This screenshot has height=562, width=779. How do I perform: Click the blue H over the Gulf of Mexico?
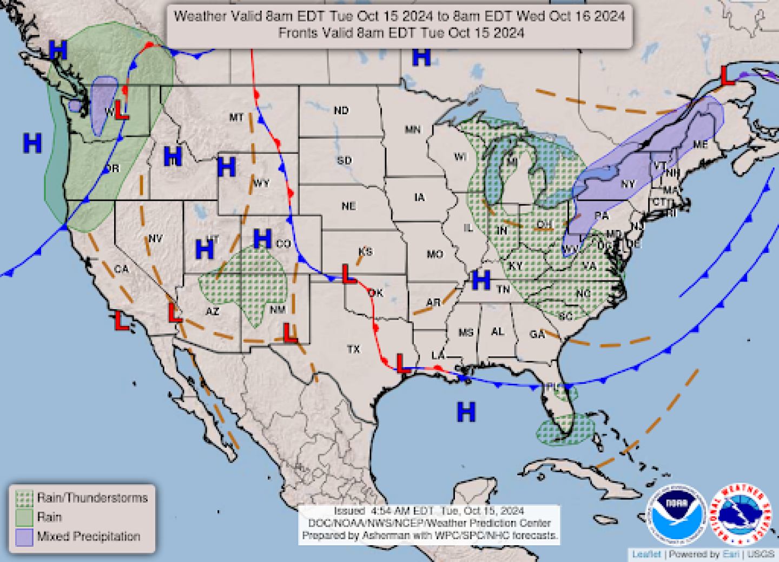pos(466,412)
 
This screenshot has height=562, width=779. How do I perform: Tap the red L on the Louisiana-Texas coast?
pos(401,363)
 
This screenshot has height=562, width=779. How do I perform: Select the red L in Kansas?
pos(349,274)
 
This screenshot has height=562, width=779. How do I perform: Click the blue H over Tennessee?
pos(481,280)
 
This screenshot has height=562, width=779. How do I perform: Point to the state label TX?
pos(353,349)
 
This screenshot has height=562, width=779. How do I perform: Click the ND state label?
pos(341,110)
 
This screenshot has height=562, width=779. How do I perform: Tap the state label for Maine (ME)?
pos(700,145)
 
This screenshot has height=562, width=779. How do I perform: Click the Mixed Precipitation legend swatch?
pos(24,537)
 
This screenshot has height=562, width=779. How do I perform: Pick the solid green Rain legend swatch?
pos(24,518)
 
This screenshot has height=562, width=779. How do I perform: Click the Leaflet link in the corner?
pos(646,554)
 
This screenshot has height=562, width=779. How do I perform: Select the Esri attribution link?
pos(730,554)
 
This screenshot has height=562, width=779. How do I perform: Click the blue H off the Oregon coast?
pos(32,143)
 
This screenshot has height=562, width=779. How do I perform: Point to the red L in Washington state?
pos(122,111)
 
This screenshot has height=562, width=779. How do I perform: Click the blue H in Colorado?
pos(262,239)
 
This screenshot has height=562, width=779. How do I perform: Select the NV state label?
pos(155,238)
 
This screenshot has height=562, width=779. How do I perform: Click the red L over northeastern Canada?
pos(728,76)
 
